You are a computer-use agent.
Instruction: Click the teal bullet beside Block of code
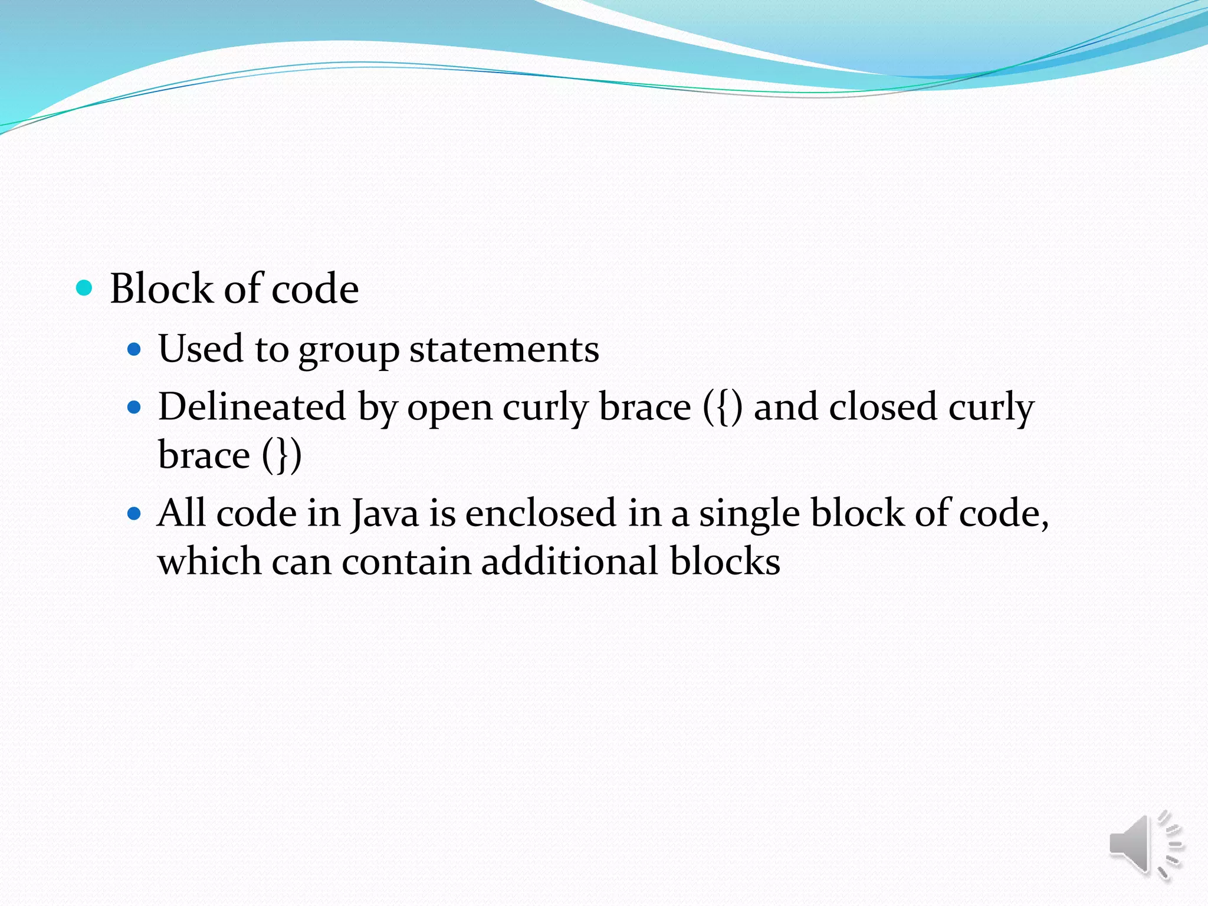pos(85,288)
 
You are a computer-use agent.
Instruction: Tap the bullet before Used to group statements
pos(135,349)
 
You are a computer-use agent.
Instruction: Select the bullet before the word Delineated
pos(135,407)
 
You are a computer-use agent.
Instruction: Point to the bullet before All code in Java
pos(135,513)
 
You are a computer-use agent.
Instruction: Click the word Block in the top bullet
pos(161,288)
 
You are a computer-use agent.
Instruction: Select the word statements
pos(504,349)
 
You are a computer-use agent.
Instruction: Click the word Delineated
pos(252,407)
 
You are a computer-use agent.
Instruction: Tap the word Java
pos(385,513)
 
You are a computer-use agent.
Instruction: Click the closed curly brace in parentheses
pos(283,456)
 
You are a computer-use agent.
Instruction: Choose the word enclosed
pos(540,513)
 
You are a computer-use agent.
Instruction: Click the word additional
pos(569,562)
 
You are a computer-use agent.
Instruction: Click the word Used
pos(201,349)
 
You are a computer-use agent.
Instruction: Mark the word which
pos(209,562)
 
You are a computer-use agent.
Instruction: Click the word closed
pos(883,407)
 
